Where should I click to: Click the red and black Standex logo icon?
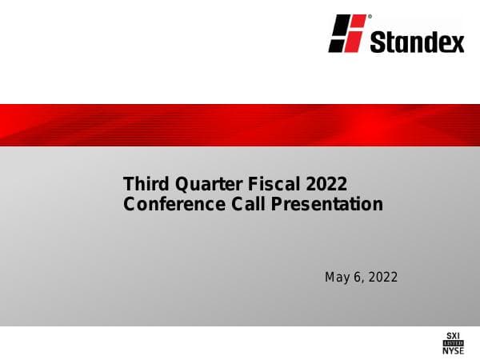(x=347, y=34)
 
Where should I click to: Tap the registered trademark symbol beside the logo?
(x=369, y=16)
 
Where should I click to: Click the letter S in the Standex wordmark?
(x=378, y=41)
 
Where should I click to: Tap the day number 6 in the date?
(x=356, y=278)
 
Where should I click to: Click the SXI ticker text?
(x=453, y=334)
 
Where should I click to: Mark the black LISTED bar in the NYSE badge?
(x=453, y=342)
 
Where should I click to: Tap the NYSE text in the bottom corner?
(x=453, y=350)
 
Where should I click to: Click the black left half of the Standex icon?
(x=339, y=34)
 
